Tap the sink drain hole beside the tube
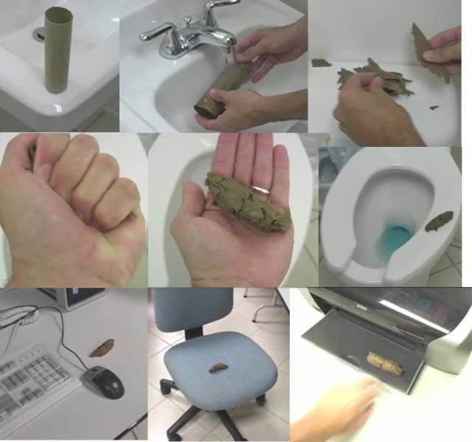pyautogui.click(x=39, y=33)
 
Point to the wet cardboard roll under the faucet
pyautogui.click(x=218, y=92)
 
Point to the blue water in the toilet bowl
pyautogui.click(x=398, y=238)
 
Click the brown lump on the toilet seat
pyautogui.click(x=440, y=219)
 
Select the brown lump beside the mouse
pyautogui.click(x=102, y=347)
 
